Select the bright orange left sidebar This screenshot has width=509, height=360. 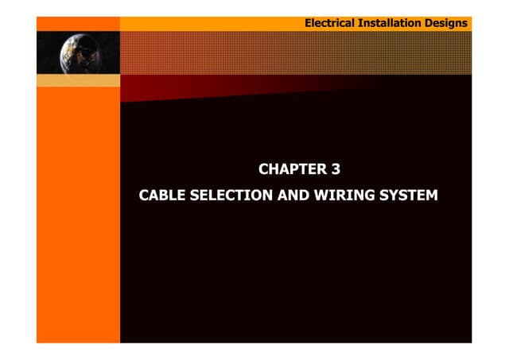pyautogui.click(x=78, y=215)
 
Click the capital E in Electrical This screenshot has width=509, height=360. pyautogui.click(x=309, y=23)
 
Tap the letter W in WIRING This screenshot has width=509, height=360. pyautogui.click(x=317, y=194)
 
